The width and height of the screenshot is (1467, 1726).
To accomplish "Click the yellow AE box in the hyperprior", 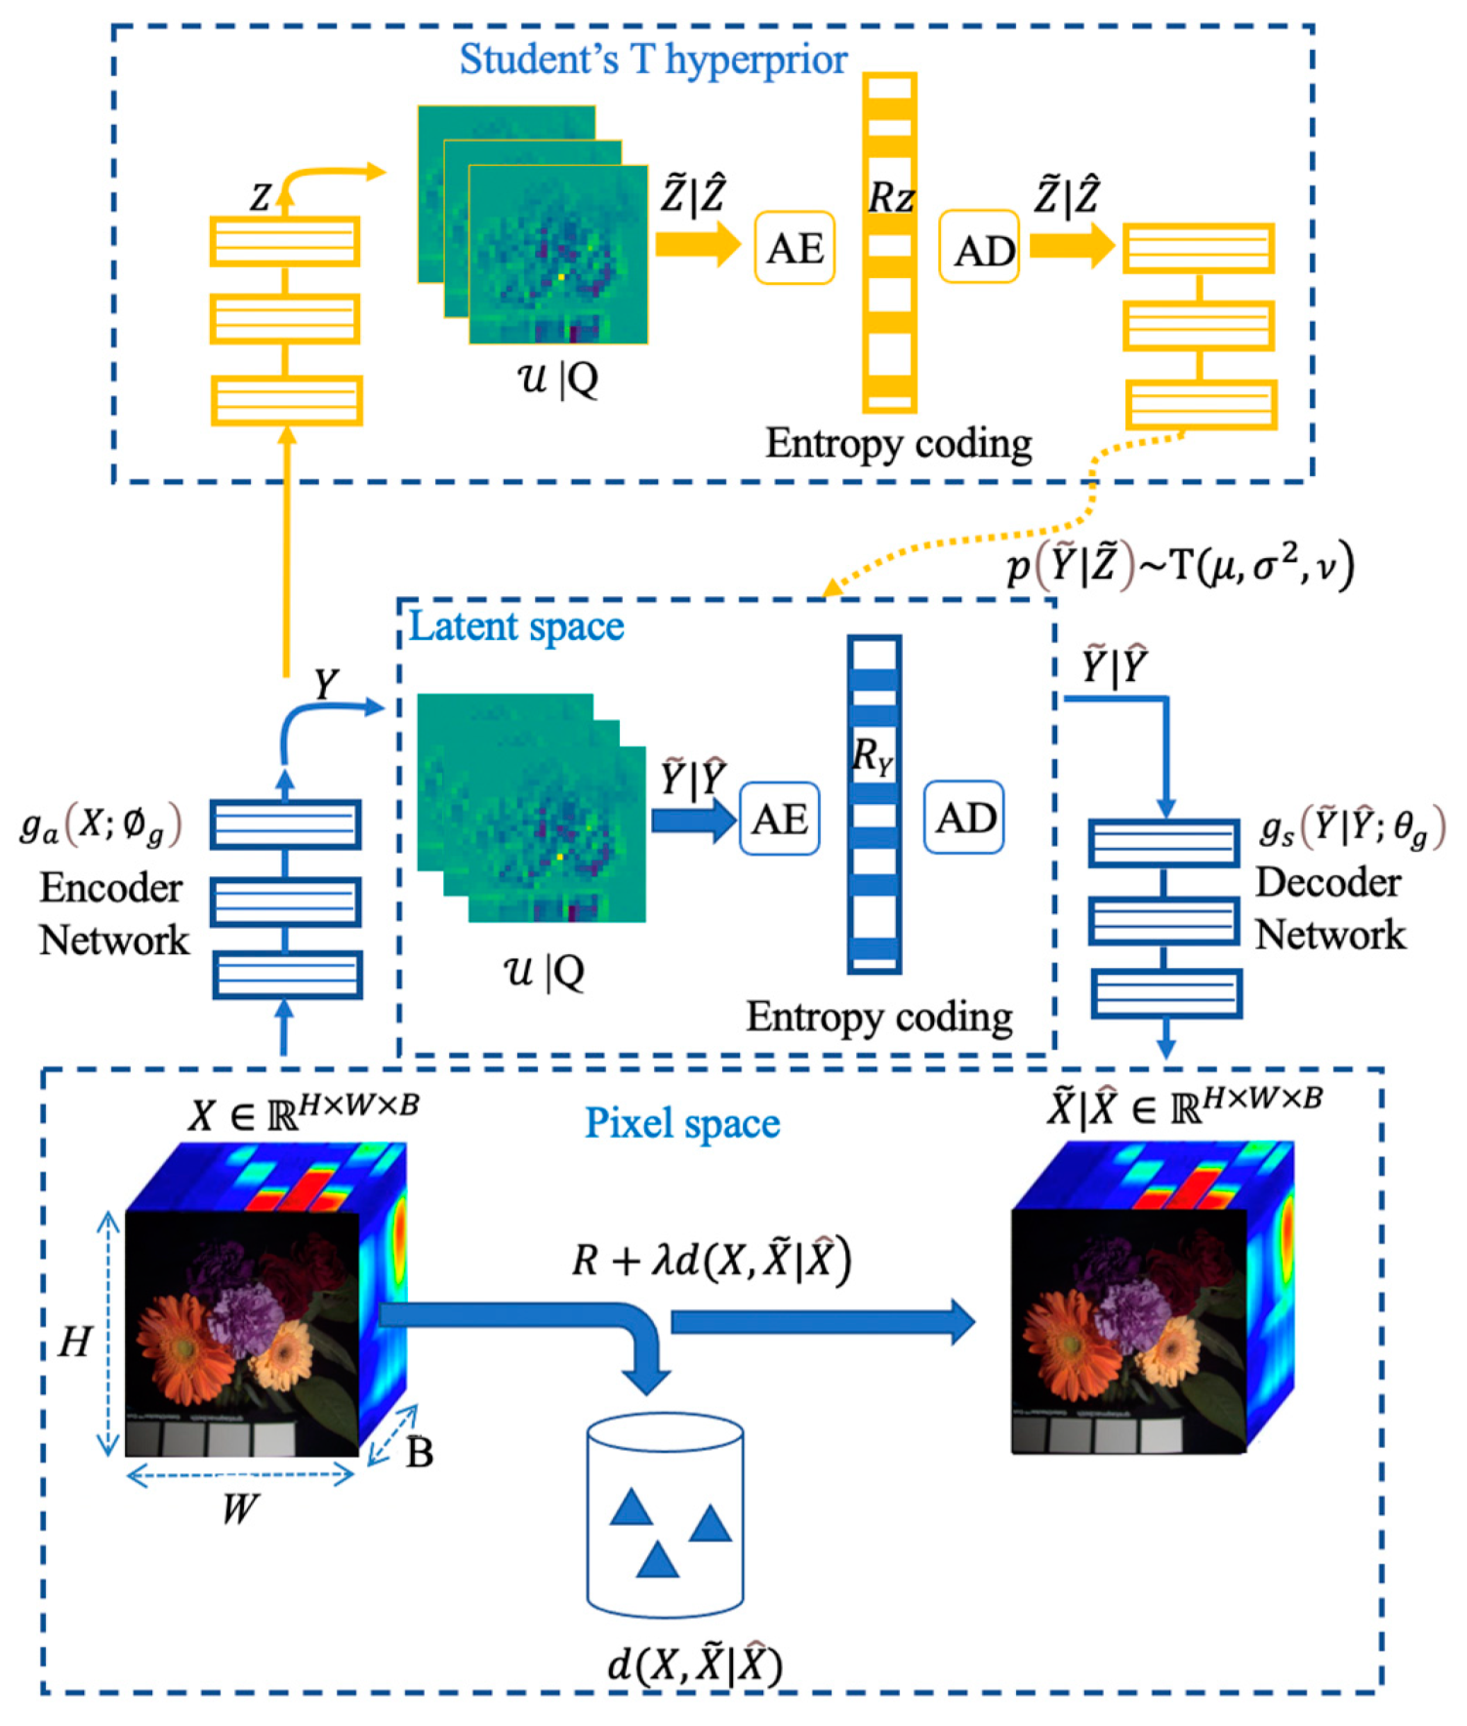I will point(795,248).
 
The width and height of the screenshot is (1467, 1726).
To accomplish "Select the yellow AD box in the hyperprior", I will point(979,250).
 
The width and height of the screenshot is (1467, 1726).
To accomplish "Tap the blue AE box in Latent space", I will point(779,819).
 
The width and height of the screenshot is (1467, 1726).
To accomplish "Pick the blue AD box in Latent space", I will point(963,817).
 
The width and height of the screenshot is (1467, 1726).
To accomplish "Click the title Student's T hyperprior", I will point(653,60).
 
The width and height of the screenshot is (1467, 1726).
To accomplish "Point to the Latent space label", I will point(516,626).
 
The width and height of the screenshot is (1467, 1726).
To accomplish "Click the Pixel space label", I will point(682,1123).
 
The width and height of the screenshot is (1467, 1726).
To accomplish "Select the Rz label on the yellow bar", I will point(891,198).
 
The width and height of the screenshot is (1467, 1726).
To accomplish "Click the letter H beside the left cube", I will point(74,1343).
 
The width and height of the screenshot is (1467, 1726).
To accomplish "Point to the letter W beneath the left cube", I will point(238,1508).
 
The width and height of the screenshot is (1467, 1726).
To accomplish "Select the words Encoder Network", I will point(113,914).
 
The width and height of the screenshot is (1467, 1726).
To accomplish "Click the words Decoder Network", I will point(1329,908).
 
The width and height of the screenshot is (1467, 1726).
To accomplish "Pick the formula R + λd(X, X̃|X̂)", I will point(711,1260).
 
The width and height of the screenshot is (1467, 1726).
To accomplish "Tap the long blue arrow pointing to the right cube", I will point(822,1322).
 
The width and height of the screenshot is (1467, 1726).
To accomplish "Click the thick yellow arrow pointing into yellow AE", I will point(697,244).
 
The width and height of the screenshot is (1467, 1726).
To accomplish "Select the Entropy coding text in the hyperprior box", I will point(898,444).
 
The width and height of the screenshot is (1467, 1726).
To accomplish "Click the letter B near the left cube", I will point(420,1453).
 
